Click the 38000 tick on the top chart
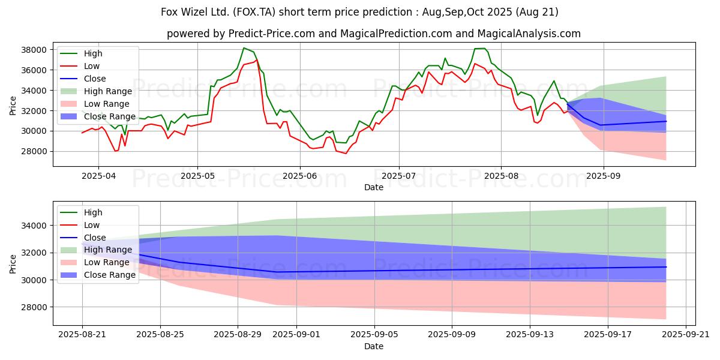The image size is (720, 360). point(34,50)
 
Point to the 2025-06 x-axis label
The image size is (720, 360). point(299,176)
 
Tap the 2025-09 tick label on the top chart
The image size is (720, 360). point(604,176)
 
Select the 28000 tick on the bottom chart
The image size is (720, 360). point(34,307)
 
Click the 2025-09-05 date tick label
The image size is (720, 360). point(374,335)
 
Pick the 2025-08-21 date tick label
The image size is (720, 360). point(82,335)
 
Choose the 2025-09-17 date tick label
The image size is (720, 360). point(608,335)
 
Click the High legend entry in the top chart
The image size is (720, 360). point(93,53)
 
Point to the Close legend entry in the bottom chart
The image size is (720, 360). point(95,238)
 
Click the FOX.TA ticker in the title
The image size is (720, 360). point(254,12)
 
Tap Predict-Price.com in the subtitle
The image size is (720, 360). point(272,34)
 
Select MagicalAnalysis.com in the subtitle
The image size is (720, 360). point(529,34)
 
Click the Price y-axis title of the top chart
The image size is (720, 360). point(13,106)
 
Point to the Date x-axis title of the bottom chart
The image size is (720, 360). point(373,346)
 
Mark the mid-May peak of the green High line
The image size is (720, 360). point(244,48)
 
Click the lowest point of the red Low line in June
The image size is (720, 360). point(346,154)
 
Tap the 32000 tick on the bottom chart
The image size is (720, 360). point(34,253)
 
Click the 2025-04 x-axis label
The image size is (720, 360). point(98,176)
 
